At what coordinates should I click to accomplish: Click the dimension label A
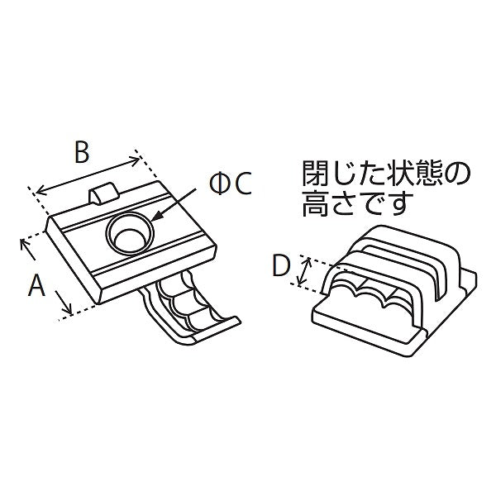point(36,285)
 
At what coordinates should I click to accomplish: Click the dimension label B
point(80,152)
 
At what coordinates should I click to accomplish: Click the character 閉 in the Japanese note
point(314,174)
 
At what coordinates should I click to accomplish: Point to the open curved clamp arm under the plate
point(182,306)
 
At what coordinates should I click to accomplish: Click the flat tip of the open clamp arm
point(215,328)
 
